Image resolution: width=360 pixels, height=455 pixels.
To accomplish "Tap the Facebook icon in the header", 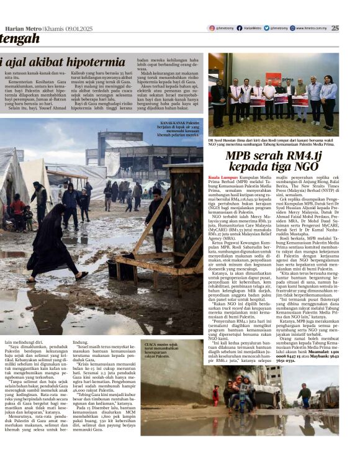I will (238, 28).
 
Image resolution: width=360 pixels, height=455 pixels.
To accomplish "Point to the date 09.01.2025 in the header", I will (80, 29).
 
